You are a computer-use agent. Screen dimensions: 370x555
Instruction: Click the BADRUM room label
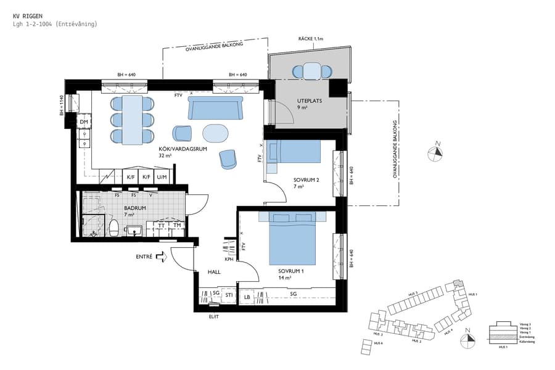tap(134, 208)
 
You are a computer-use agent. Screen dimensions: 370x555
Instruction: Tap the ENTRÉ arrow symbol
tap(162, 257)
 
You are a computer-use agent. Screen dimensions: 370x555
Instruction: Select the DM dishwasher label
tap(84, 122)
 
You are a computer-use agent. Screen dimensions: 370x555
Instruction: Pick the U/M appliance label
tap(162, 177)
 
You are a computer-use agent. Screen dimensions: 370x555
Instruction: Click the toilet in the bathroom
tap(114, 227)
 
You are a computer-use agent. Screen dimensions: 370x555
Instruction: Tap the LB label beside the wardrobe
tap(247, 297)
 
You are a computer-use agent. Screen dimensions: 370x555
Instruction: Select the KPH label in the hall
tap(229, 260)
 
